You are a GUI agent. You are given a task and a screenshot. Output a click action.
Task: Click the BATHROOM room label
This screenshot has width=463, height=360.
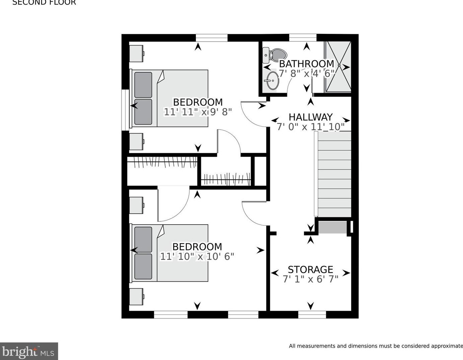(306, 64)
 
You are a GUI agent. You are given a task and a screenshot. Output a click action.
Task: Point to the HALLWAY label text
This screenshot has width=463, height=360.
(310, 117)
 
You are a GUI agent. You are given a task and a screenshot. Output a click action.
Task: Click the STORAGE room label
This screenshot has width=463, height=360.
(310, 270)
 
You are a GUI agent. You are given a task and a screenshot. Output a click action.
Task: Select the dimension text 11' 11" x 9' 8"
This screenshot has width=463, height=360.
(198, 112)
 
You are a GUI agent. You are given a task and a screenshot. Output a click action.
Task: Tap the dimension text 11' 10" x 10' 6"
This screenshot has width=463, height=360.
(197, 257)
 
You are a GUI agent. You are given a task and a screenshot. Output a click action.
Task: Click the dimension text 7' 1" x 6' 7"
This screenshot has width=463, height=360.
(310, 279)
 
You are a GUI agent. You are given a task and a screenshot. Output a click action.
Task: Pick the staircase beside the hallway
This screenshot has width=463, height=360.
(334, 174)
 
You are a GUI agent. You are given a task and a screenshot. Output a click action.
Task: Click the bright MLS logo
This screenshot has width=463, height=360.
(29, 351)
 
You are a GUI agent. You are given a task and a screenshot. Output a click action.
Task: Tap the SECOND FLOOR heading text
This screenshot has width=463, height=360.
(44, 3)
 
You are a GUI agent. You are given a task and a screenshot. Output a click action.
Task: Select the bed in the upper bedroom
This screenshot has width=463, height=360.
(170, 98)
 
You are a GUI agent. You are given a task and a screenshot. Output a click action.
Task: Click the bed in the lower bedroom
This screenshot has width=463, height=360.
(170, 253)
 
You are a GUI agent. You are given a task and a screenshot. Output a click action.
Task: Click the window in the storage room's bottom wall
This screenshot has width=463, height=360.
(312, 314)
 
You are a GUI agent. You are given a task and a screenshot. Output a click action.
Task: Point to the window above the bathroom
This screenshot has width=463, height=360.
(303, 38)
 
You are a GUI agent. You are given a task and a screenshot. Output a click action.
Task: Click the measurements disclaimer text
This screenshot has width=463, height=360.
(376, 346)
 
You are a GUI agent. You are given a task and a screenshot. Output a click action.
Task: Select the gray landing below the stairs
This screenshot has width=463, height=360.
(332, 227)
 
